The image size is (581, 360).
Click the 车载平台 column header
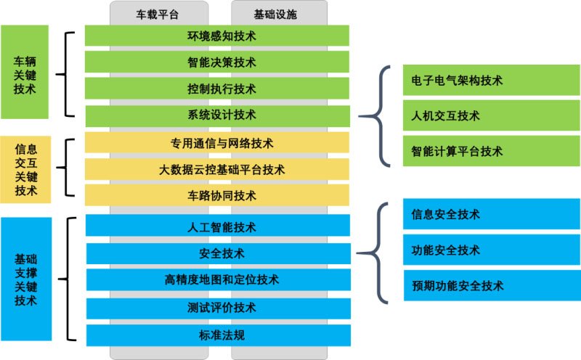click(x=158, y=15)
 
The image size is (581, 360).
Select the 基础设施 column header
click(x=275, y=15)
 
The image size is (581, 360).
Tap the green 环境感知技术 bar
click(x=216, y=36)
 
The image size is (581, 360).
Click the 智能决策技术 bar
click(x=216, y=62)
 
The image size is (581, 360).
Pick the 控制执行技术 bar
click(x=216, y=89)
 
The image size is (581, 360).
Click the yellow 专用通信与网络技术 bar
click(x=216, y=142)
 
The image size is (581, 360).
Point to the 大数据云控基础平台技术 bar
click(x=216, y=169)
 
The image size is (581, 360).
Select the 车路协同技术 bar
click(x=216, y=195)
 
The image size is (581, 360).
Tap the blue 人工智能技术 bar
click(x=217, y=225)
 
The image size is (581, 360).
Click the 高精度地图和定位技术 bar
click(x=219, y=279)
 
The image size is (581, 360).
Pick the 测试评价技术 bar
click(x=219, y=308)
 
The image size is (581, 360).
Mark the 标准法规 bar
click(x=219, y=335)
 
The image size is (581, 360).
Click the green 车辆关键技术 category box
click(x=25, y=72)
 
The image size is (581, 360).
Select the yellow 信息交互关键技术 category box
click(x=25, y=170)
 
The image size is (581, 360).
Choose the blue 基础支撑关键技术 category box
click(x=26, y=279)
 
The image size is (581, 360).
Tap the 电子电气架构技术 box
click(x=492, y=80)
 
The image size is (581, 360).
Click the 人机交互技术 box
click(x=492, y=115)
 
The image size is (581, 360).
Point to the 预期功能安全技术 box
click(x=492, y=285)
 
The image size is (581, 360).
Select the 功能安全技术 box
click(x=492, y=250)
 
